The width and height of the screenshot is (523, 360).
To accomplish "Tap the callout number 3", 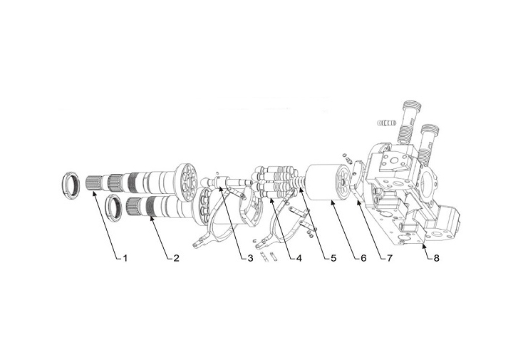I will (249, 257).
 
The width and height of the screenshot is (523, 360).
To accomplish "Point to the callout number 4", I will (299, 257).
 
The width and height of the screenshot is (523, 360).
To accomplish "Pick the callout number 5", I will (333, 257).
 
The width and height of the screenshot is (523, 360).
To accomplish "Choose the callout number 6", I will (363, 257).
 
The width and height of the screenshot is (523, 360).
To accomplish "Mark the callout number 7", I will (390, 257).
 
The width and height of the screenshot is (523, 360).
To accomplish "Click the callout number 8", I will (436, 257).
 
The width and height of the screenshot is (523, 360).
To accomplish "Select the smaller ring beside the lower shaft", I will (113, 207).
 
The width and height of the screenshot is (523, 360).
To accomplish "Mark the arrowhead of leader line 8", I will (423, 245).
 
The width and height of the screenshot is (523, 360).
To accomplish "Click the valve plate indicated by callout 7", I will (356, 179).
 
